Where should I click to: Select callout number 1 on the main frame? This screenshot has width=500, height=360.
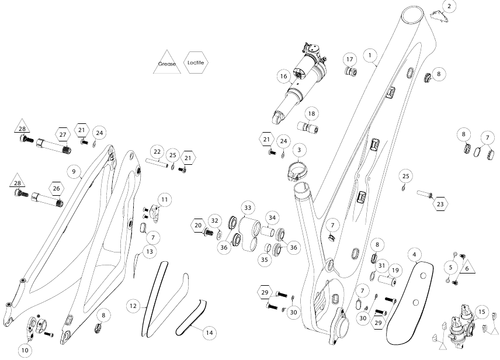(x=370, y=55)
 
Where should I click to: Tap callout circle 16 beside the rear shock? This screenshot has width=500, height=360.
(x=284, y=76)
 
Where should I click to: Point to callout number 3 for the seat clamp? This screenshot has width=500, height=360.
(x=298, y=150)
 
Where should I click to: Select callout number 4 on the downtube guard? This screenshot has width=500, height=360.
(x=414, y=255)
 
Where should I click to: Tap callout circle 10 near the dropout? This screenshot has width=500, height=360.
(x=25, y=351)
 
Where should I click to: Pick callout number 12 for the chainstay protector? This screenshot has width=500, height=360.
(x=134, y=305)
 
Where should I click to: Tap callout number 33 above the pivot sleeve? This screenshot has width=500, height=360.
(x=248, y=207)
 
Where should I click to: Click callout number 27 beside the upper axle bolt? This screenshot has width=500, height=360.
(x=62, y=134)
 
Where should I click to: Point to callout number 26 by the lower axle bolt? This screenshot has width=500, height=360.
(x=57, y=188)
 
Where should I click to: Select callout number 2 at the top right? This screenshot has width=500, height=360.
(x=449, y=6)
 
